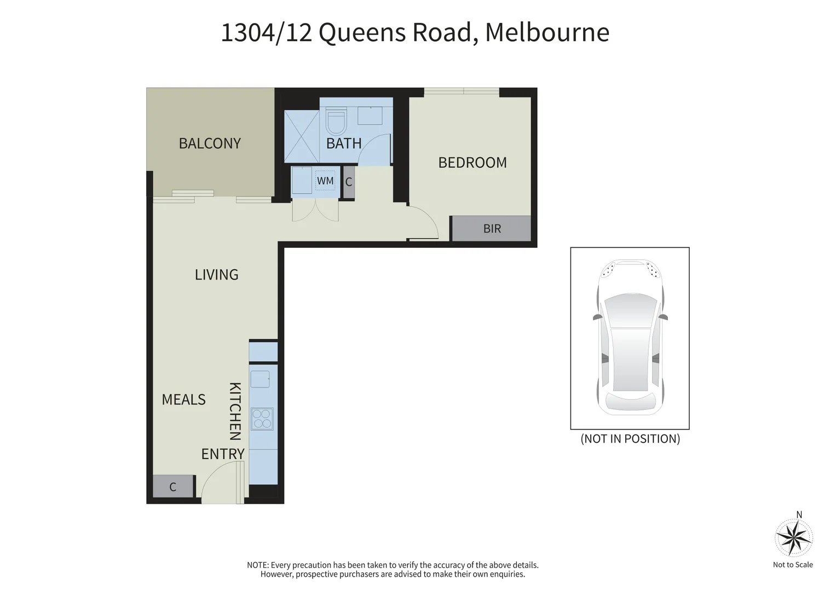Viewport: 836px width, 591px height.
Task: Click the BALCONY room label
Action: (210, 143)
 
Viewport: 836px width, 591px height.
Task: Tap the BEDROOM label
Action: (472, 163)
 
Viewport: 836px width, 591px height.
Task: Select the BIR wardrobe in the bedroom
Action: (491, 229)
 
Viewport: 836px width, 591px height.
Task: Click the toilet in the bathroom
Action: (336, 121)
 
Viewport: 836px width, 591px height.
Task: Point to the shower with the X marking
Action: (301, 136)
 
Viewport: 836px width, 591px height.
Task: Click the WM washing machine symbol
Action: (325, 181)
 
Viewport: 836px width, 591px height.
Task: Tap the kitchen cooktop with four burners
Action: (262, 419)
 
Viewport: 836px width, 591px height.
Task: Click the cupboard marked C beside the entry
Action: (173, 486)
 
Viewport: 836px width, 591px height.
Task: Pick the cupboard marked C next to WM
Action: (349, 182)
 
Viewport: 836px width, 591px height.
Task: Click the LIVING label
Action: (216, 275)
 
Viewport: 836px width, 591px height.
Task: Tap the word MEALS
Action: (183, 399)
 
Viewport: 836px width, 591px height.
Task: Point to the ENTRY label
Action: (222, 454)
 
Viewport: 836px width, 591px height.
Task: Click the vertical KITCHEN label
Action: (235, 411)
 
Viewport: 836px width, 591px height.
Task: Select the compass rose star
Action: (793, 538)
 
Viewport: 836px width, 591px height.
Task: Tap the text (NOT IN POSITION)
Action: (630, 439)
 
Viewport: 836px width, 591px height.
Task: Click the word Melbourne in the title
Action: (547, 32)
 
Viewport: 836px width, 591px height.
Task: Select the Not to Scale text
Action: (793, 565)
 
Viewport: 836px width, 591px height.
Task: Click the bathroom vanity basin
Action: (370, 115)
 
